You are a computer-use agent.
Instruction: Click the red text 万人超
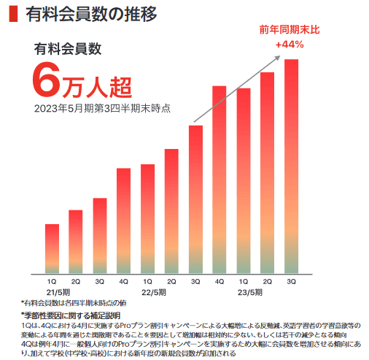click(x=96, y=85)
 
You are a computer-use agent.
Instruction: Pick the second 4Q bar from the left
click(x=220, y=180)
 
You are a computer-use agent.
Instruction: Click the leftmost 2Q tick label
click(x=76, y=281)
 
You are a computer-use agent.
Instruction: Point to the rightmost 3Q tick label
click(x=291, y=281)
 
